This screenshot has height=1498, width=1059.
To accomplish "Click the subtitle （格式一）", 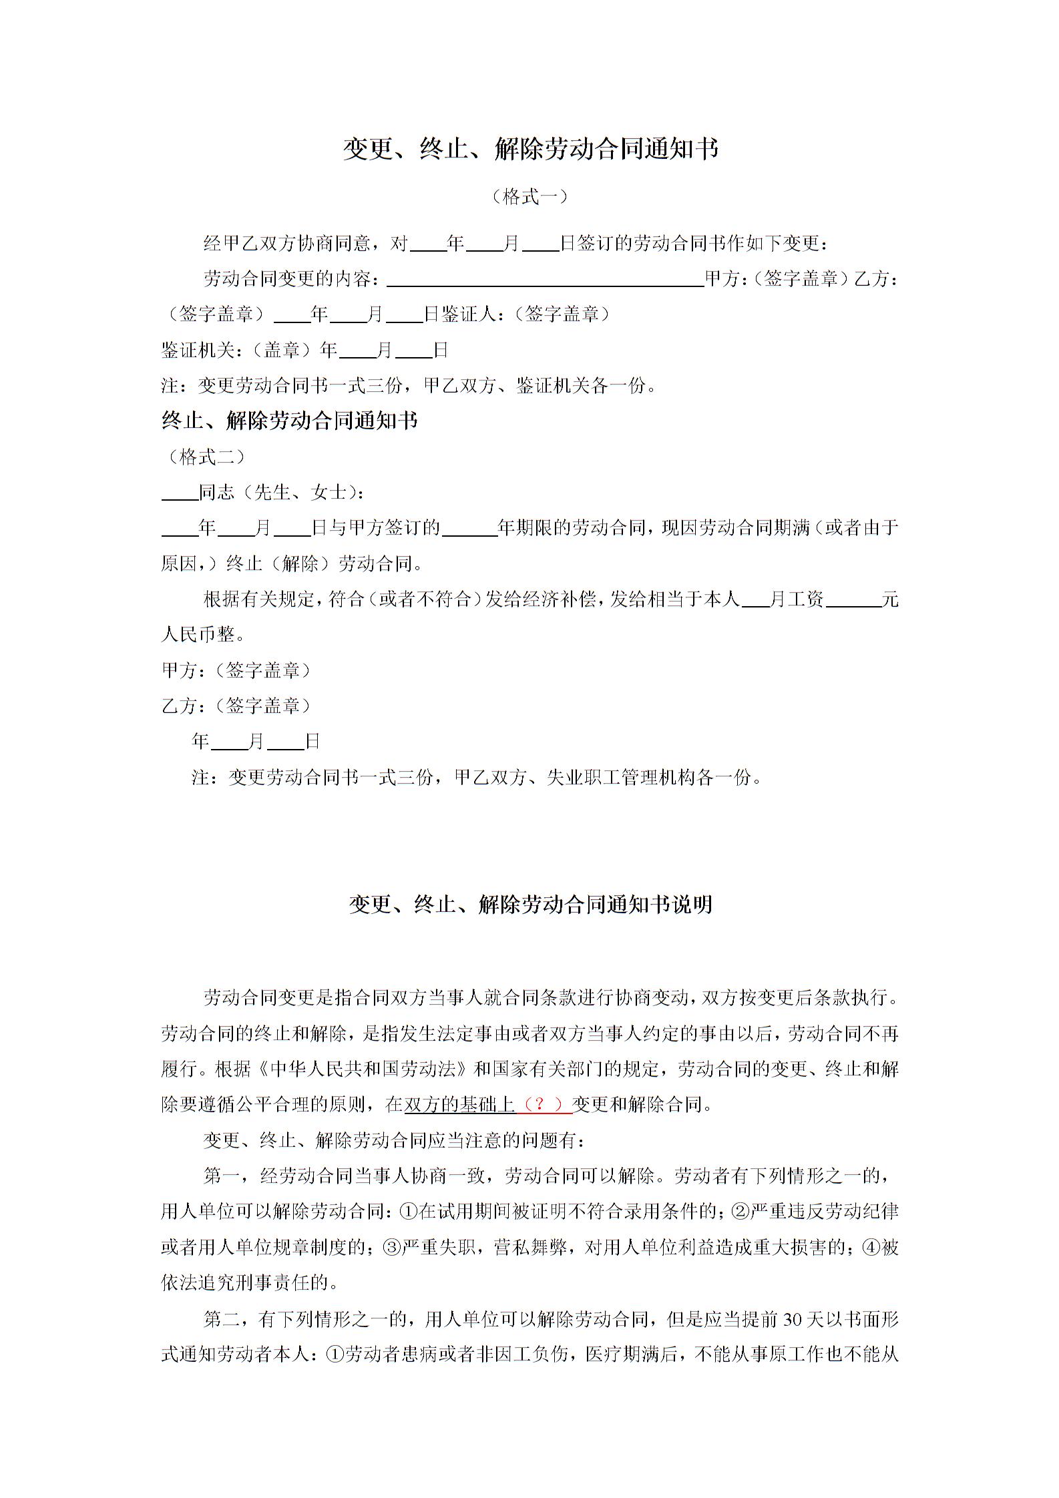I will coord(529,196).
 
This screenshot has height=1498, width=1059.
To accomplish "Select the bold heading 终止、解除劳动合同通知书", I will coord(290,421).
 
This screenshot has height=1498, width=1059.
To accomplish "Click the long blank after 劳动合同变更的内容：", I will coord(545,279).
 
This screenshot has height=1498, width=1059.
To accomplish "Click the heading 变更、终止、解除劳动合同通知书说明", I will coord(530,905).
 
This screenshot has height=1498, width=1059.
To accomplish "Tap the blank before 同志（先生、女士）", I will coord(180,493).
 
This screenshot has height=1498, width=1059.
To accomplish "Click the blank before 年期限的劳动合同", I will coord(469,528).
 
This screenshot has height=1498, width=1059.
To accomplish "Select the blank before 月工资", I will coord(755,599).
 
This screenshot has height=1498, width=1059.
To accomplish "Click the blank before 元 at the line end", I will coord(853,599).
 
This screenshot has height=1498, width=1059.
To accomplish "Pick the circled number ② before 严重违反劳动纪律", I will coord(740,1211).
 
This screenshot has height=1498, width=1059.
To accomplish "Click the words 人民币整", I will coord(198,634).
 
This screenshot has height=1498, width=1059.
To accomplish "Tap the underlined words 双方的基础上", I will coord(460,1104).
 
